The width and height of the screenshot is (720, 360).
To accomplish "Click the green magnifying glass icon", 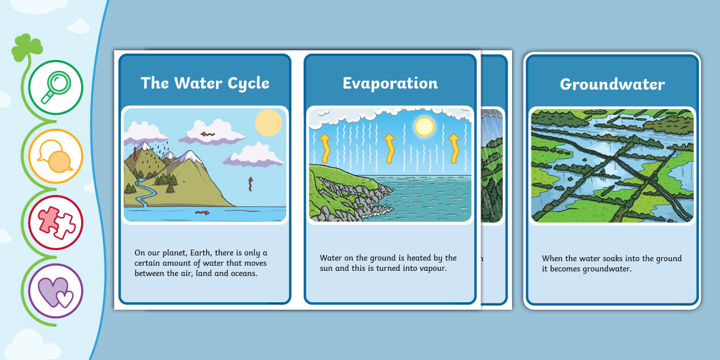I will (x=55, y=87).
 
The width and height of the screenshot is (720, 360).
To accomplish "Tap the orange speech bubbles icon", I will (x=55, y=156).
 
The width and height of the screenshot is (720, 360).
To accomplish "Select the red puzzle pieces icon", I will (x=55, y=222).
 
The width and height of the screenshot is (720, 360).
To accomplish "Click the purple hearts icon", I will (x=55, y=290).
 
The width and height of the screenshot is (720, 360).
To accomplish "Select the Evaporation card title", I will (x=390, y=83).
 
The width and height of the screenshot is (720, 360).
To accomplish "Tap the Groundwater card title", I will (x=612, y=85).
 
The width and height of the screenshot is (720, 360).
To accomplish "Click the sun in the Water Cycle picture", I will (x=268, y=122).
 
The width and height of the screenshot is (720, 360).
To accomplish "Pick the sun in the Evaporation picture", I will (x=424, y=126).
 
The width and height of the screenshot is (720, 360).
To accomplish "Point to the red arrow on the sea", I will (x=202, y=213).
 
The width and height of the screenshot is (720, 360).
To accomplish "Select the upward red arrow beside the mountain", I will (x=250, y=183).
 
